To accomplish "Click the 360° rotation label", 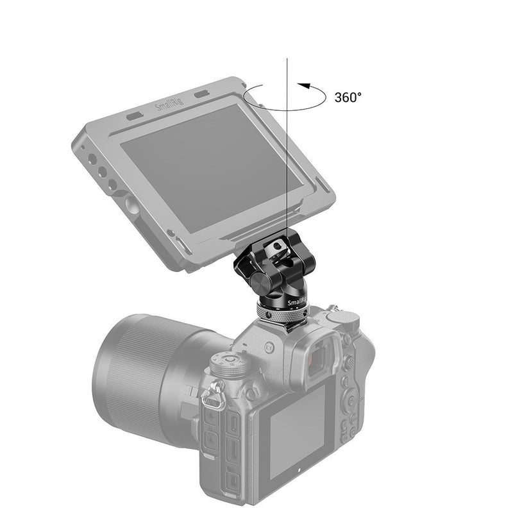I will (348, 97).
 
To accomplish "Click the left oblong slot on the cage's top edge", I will (134, 117).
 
